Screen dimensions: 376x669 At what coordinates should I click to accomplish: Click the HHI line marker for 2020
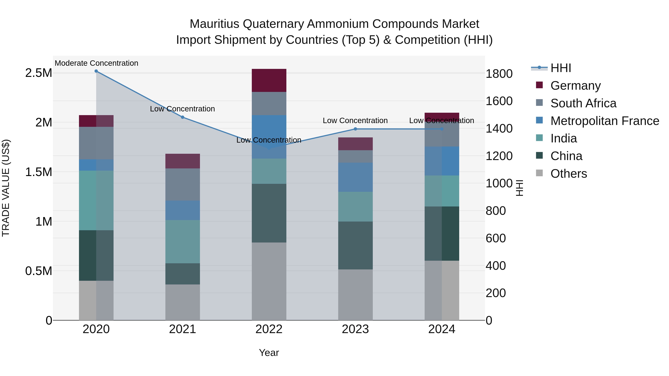(x=96, y=71)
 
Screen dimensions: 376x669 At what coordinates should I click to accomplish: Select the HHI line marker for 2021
(x=182, y=117)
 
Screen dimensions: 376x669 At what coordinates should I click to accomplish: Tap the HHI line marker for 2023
(x=355, y=129)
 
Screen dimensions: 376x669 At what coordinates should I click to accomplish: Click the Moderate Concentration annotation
(x=96, y=63)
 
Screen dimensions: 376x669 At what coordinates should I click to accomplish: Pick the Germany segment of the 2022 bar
(x=269, y=80)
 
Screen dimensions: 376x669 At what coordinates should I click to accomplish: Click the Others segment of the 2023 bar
(x=355, y=295)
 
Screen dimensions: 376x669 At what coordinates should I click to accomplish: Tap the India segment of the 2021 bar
(x=182, y=242)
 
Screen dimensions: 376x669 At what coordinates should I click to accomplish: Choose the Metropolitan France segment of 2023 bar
(x=355, y=177)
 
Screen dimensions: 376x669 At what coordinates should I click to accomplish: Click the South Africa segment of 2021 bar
(x=182, y=185)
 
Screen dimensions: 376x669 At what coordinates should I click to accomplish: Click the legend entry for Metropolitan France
(x=605, y=121)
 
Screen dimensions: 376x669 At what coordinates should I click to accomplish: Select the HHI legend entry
(x=560, y=68)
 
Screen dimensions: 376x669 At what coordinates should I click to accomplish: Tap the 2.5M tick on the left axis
(x=38, y=73)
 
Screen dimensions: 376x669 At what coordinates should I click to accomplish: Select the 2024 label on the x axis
(x=442, y=329)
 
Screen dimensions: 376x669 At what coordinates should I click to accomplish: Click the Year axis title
(x=269, y=353)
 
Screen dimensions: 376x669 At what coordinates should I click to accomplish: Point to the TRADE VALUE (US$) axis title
(x=6, y=188)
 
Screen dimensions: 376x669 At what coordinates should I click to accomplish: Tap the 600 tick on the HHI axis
(x=495, y=238)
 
